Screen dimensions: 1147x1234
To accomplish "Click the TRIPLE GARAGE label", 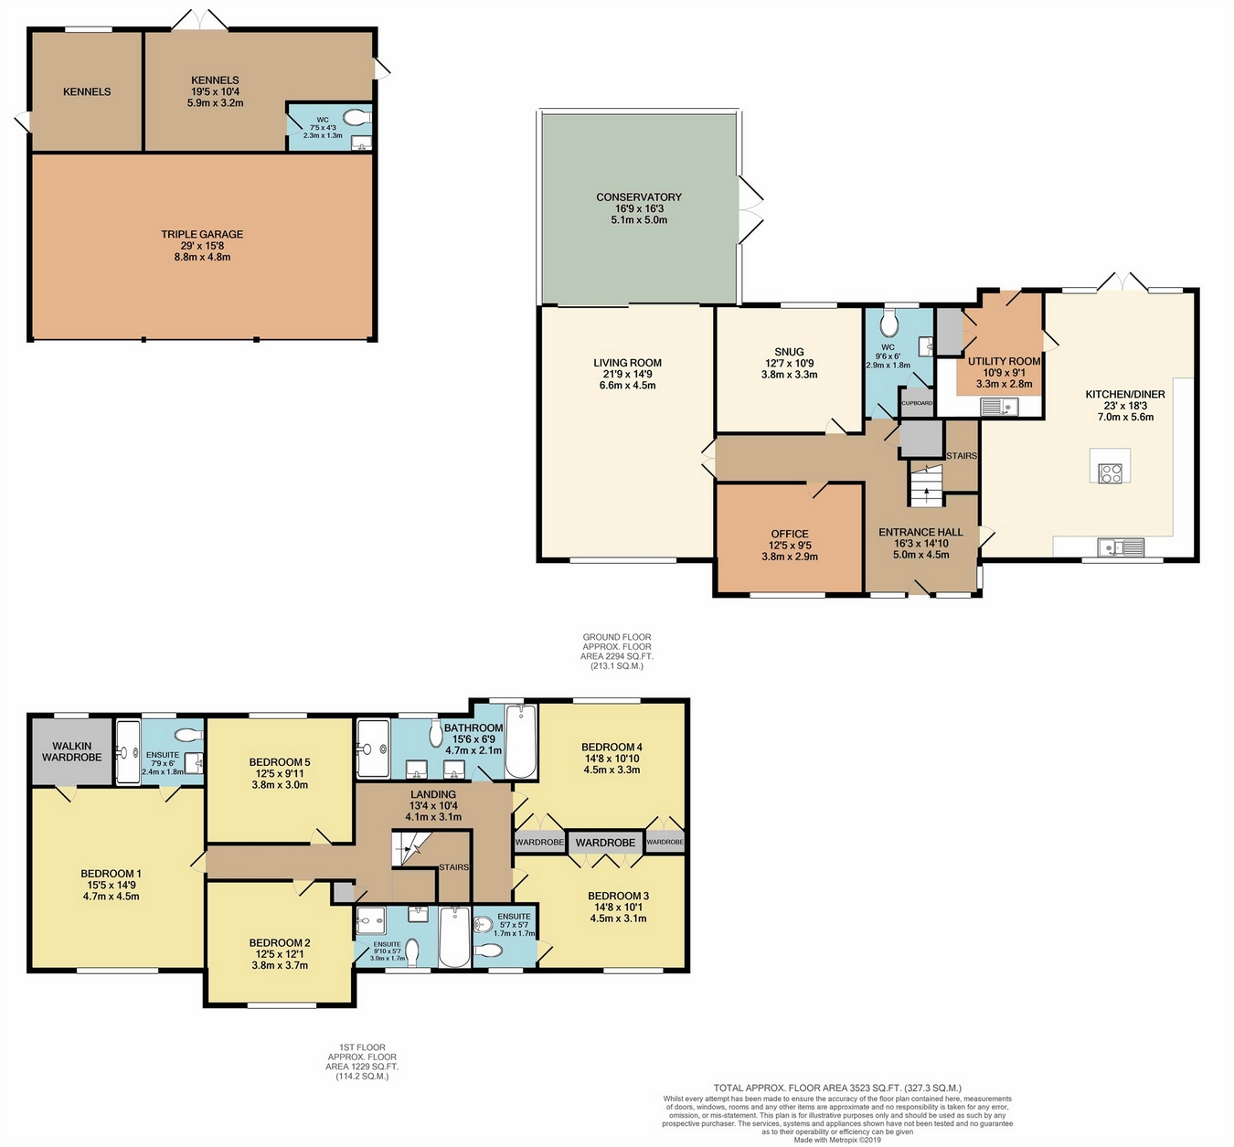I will pos(202,235).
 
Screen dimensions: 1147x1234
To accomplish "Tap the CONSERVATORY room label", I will pos(639,197).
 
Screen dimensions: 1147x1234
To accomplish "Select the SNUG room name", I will pos(789,352).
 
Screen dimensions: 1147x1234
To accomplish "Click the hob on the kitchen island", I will pos(1111,473).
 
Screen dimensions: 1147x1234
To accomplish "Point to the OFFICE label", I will pos(790,534).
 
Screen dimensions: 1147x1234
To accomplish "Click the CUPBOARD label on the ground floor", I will pos(917,403).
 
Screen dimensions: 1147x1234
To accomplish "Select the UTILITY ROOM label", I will pos(1005,361).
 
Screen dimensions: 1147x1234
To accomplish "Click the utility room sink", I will pos(1000,407).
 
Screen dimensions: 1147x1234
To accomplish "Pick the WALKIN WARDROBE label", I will pos(71,751).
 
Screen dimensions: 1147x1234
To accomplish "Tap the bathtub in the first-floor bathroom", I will pos(521,741).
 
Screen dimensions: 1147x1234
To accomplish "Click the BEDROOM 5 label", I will pos(280,762).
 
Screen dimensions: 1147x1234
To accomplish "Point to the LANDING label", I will pos(433,795).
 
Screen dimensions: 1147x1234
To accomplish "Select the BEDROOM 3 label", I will pos(619,897).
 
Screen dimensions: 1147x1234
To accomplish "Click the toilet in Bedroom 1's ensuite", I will pos(187,735).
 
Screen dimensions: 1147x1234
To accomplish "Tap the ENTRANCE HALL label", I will pos(920,532).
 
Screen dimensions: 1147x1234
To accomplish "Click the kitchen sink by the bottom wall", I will pos(1122,547).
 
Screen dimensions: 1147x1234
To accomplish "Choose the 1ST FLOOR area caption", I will pos(362,1061).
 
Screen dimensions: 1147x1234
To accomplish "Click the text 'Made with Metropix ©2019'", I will pos(837,1140).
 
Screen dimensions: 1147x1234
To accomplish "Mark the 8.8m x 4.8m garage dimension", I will pos(202,258).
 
